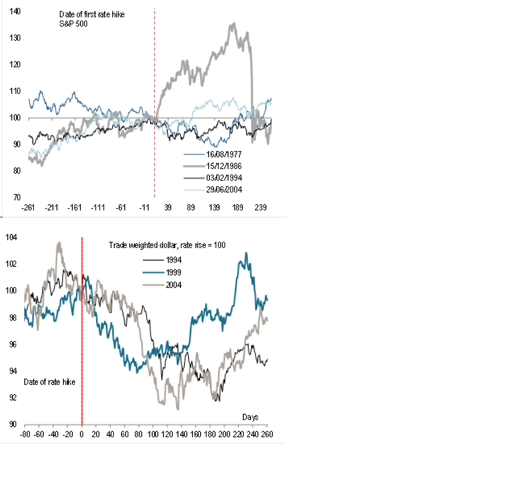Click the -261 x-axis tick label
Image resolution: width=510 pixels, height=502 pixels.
coord(28,208)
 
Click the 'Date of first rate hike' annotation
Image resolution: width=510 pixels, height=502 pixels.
coord(92,15)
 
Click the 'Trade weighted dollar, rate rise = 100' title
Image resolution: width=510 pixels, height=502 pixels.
coord(167,245)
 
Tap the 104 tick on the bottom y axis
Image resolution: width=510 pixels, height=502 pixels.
coord(11,237)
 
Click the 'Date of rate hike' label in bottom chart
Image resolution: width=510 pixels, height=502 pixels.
coord(50,382)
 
